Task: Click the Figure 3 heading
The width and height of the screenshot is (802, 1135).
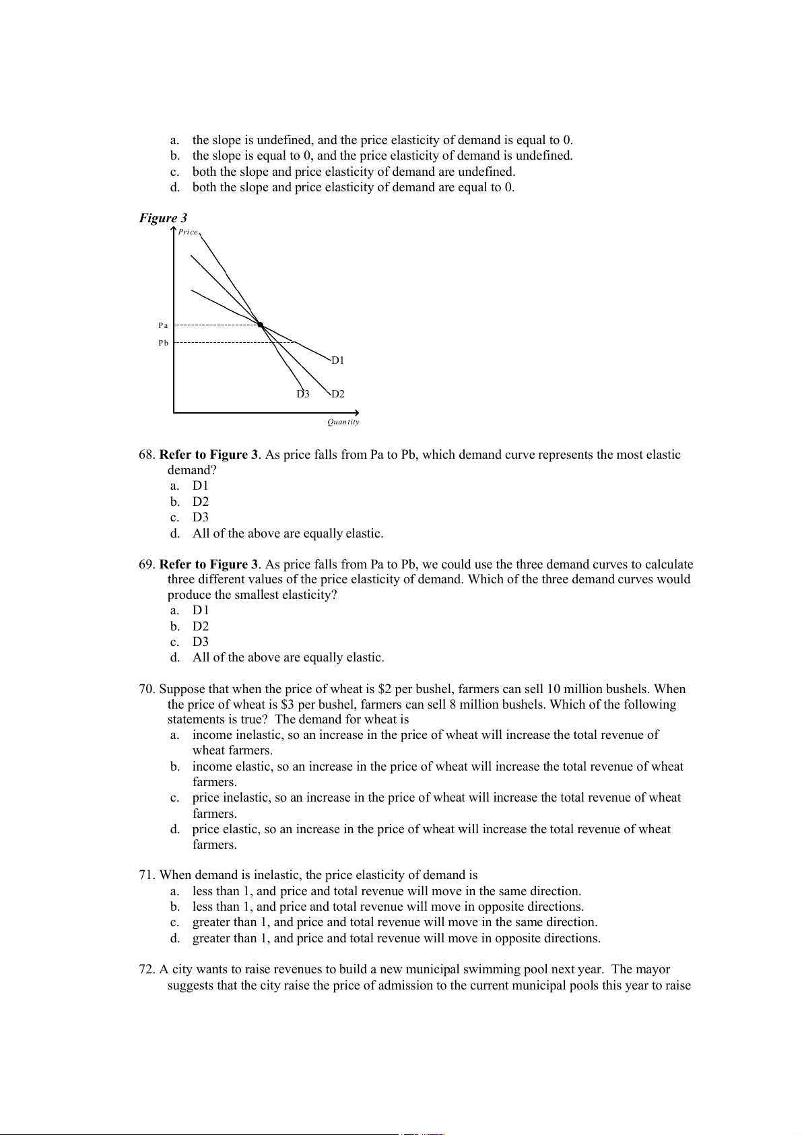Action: (163, 218)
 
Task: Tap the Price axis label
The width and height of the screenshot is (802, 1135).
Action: (188, 232)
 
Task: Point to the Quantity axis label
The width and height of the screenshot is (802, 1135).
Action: (343, 422)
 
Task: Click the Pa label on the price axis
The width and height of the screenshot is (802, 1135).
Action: (163, 325)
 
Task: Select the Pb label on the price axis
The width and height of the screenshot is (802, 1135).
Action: (163, 343)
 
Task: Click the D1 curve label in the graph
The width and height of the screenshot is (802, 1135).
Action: (337, 360)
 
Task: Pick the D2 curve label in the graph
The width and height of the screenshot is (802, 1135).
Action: (337, 394)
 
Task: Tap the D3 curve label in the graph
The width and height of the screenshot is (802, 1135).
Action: (303, 394)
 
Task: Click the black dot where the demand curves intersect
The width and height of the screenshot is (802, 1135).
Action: (261, 325)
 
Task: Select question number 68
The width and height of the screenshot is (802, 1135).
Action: (147, 455)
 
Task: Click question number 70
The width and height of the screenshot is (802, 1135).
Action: (147, 689)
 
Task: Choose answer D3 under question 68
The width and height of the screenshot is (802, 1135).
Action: (201, 517)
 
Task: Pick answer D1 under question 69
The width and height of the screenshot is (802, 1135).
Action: (201, 610)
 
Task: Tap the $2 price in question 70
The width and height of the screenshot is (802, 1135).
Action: (385, 689)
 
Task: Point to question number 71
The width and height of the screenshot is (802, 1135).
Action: (147, 875)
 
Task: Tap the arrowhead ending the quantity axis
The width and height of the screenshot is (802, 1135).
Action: (357, 412)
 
